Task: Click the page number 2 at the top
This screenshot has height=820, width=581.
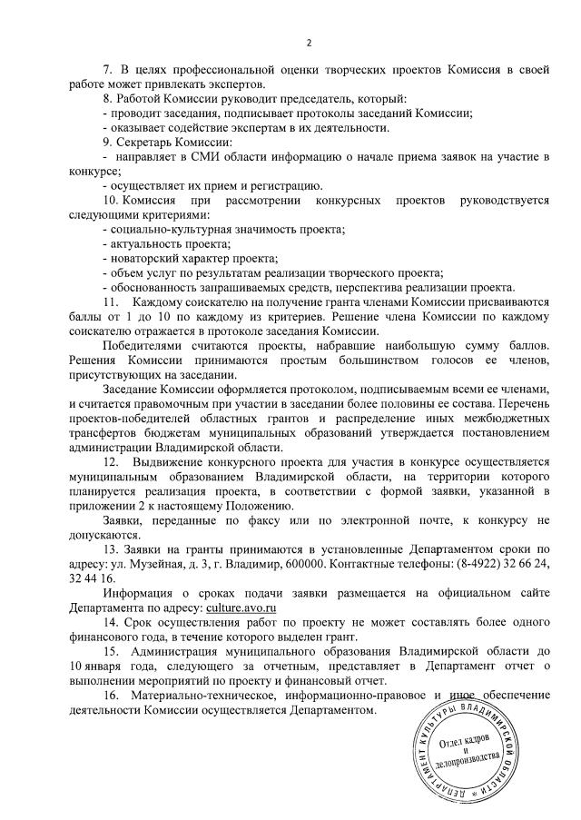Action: (x=309, y=42)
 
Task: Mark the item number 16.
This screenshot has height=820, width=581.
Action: (x=111, y=696)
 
